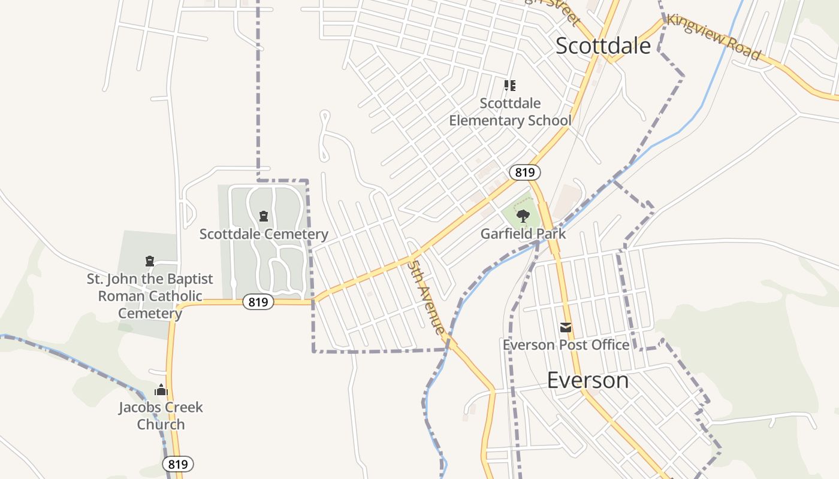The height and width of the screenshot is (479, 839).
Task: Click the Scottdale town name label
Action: [603, 46]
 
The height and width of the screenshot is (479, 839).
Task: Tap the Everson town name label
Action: [588, 380]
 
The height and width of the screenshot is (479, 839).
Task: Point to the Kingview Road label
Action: [714, 37]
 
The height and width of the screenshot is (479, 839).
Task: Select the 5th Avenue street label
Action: [427, 296]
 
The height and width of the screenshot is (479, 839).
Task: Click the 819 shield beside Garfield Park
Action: [525, 172]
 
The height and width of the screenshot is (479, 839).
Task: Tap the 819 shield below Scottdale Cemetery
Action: [258, 302]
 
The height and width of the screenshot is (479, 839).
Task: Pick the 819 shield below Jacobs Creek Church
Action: [178, 464]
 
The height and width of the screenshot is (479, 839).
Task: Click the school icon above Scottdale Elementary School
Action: [510, 86]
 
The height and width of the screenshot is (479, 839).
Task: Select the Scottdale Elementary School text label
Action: [510, 112]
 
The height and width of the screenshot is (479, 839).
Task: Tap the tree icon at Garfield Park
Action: [523, 216]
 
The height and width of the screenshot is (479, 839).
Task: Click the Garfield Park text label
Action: [523, 234]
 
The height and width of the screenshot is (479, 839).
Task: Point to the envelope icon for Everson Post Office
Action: [566, 328]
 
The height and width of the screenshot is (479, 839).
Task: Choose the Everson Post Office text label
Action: [566, 345]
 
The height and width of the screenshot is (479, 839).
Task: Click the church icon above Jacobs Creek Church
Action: [161, 390]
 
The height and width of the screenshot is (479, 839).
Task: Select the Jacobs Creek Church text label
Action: [161, 416]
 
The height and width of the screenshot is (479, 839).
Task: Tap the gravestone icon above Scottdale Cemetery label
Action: [263, 216]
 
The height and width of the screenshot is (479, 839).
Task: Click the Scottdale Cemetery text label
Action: [264, 234]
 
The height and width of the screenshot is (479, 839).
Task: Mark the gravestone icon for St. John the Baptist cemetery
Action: [150, 261]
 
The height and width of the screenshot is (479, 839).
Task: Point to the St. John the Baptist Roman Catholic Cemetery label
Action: [150, 296]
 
